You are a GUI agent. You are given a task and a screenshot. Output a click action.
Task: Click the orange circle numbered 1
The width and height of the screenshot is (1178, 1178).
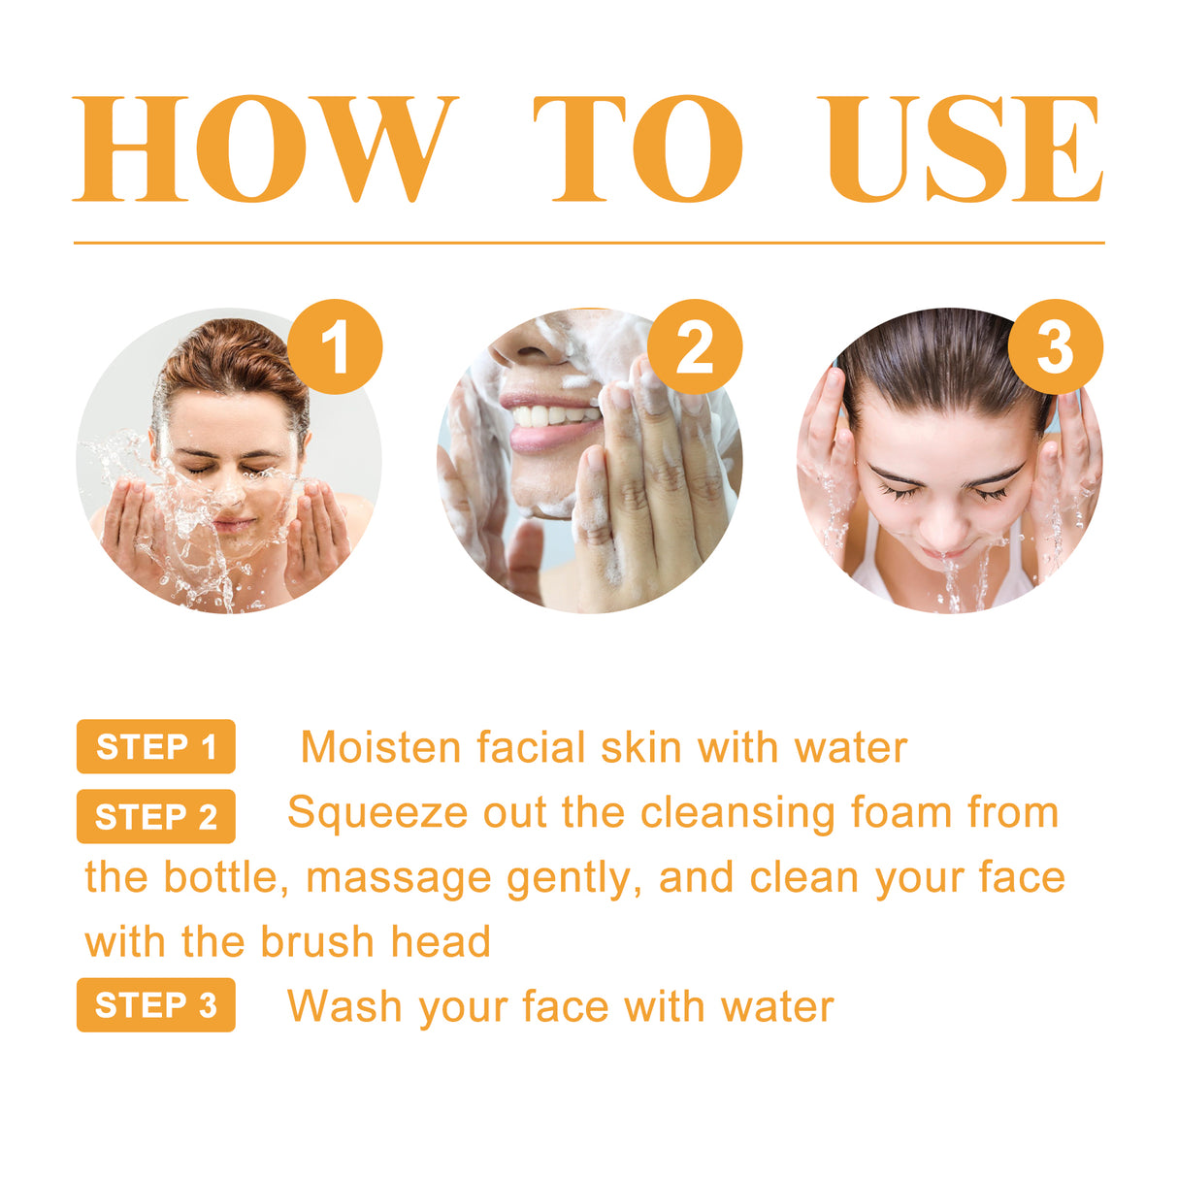(x=335, y=346)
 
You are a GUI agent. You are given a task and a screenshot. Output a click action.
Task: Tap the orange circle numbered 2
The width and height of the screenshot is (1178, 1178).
(x=695, y=346)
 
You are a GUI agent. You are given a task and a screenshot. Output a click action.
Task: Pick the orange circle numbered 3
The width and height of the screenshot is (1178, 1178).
(x=1055, y=346)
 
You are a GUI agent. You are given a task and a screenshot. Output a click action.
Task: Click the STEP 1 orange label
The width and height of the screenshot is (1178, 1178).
(x=155, y=746)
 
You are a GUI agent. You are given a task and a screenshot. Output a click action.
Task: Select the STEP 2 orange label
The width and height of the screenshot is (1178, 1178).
(x=155, y=816)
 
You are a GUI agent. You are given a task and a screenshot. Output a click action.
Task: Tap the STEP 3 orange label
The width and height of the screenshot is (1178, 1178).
(x=155, y=1004)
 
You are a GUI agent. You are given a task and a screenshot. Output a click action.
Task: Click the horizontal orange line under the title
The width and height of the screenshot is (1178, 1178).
(x=588, y=243)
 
